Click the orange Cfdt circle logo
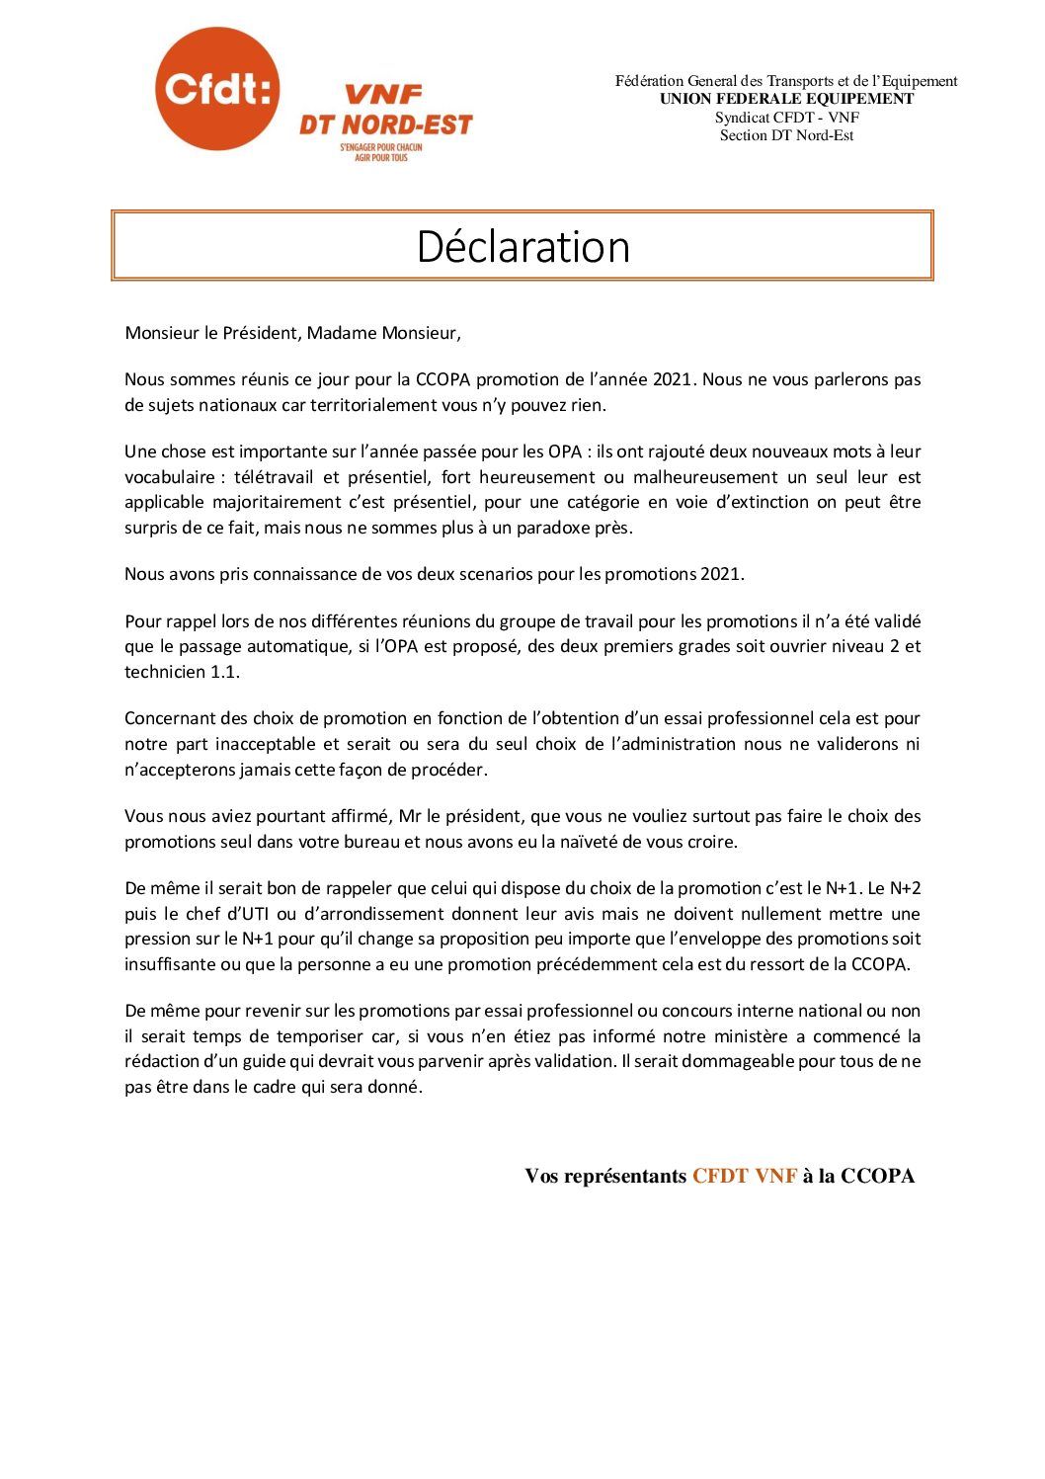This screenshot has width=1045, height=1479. (217, 89)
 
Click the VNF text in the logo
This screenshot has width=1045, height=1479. (382, 95)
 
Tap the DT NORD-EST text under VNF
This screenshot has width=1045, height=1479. (386, 124)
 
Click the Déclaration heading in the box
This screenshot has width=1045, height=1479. (522, 246)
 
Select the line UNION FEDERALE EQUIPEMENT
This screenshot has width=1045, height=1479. (786, 99)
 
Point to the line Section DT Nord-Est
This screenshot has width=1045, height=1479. (786, 135)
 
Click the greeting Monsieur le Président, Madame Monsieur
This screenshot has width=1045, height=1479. (292, 333)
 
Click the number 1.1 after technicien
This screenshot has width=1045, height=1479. (225, 672)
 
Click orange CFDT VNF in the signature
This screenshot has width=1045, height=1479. (744, 1176)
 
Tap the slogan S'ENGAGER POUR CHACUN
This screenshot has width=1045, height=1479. (381, 147)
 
